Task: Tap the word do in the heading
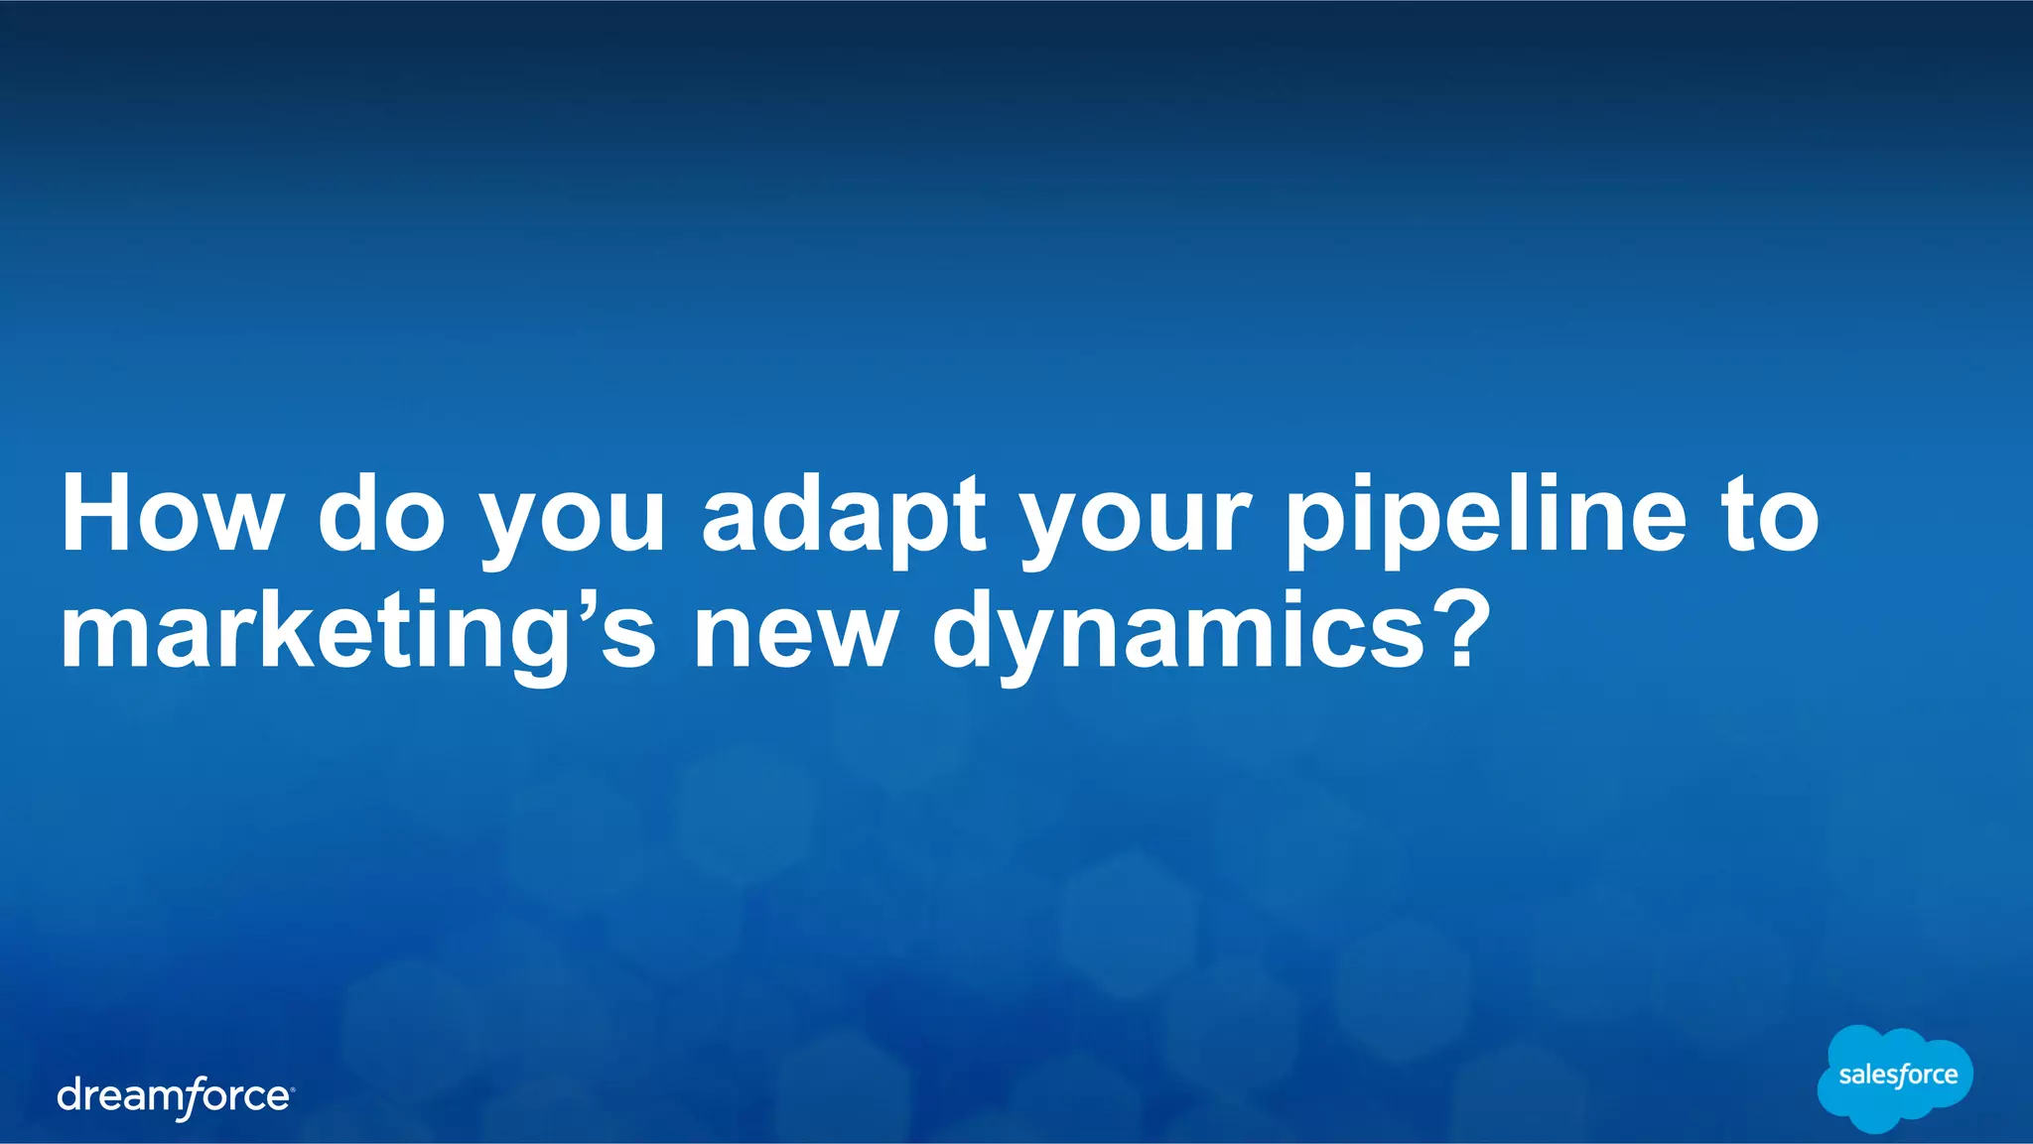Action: (x=381, y=515)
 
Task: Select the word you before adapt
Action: (x=574, y=521)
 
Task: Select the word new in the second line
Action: (x=795, y=635)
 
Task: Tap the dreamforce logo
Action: (x=175, y=1097)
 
